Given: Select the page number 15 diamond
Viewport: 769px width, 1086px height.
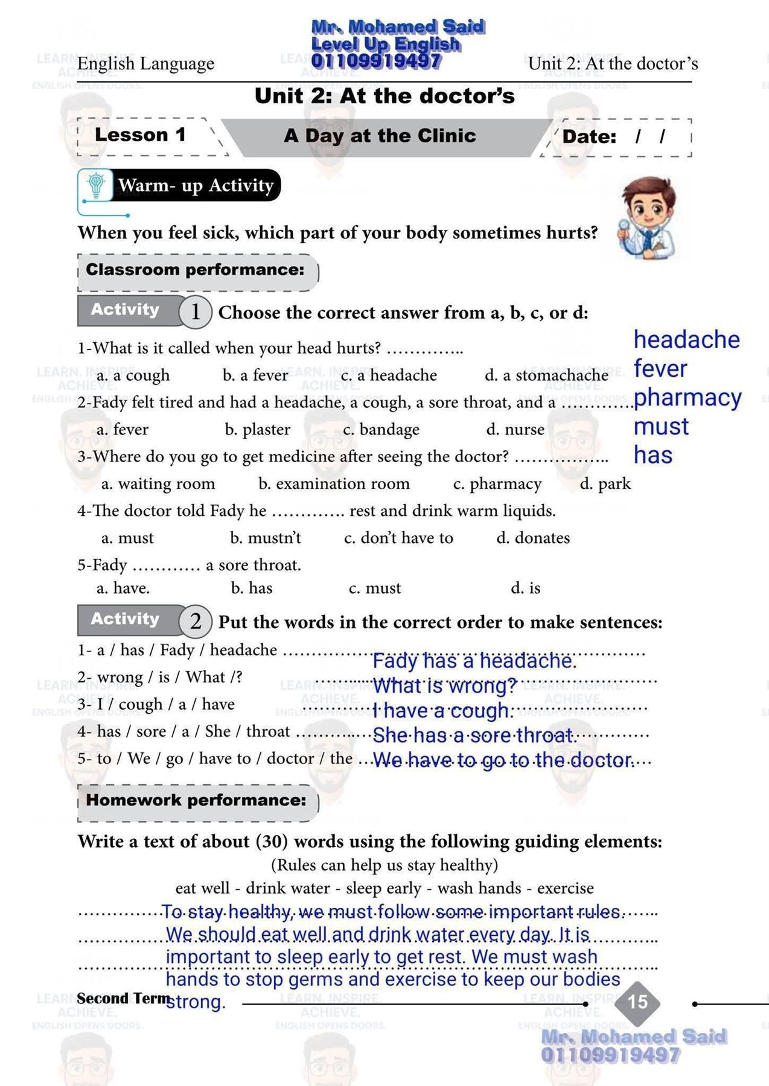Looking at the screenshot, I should (x=637, y=1002).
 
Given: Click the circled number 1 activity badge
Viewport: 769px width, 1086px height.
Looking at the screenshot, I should (x=195, y=312).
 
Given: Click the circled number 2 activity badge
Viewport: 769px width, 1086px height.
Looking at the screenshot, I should (x=195, y=621).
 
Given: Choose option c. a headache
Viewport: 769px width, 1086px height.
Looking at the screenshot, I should (x=389, y=375).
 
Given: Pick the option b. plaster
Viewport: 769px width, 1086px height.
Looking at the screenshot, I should (x=258, y=430).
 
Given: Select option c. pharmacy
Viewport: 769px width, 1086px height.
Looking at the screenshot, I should (x=497, y=484).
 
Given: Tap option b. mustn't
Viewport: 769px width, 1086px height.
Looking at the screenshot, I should (x=266, y=538).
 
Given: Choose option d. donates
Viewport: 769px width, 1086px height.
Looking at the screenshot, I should (x=533, y=538).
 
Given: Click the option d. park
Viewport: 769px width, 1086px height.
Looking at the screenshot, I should (x=605, y=484).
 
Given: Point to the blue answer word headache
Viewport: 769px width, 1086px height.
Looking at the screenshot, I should (x=686, y=340).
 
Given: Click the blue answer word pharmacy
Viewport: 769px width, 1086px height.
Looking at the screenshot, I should (x=688, y=398).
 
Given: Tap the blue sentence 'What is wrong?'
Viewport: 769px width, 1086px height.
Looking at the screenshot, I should (x=445, y=686).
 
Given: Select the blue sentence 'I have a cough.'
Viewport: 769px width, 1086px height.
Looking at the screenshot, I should (x=443, y=711).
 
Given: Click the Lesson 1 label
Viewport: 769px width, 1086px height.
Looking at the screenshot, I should (x=140, y=135).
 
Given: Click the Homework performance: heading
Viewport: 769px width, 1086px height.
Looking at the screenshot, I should (x=196, y=801).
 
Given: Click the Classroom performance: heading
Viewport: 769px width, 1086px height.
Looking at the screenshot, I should (x=195, y=270).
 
